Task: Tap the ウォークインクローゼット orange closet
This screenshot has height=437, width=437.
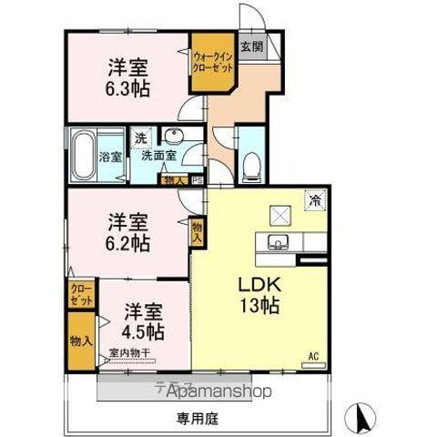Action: tap(212, 63)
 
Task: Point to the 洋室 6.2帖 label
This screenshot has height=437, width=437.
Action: tap(128, 231)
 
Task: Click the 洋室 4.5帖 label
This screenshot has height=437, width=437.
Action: tap(144, 319)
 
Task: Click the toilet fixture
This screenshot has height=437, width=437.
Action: tap(251, 165)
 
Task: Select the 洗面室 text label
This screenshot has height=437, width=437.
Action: tap(158, 155)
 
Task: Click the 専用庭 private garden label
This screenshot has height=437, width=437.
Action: tap(197, 420)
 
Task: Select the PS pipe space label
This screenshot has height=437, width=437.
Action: tap(197, 180)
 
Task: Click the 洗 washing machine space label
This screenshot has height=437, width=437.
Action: tap(140, 137)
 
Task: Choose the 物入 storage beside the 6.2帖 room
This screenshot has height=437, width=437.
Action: tap(198, 232)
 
